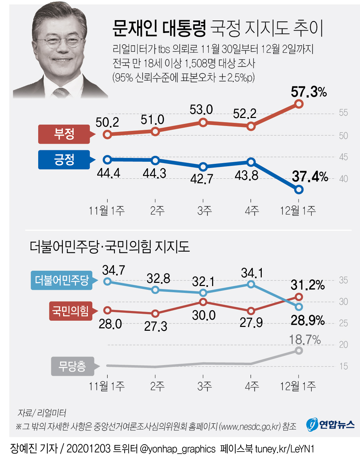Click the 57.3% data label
(308, 92)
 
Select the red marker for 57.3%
(299, 104)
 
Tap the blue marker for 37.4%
(299, 189)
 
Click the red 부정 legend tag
(64, 134)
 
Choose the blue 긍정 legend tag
(64, 160)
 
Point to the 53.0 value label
(201, 110)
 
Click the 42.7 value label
(201, 179)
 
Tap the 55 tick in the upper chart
(343, 113)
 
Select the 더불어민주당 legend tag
(62, 280)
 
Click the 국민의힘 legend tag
(70, 311)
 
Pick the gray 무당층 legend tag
(72, 366)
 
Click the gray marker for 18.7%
(299, 351)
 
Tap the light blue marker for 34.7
(108, 281)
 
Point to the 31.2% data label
(307, 285)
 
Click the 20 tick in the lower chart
(343, 345)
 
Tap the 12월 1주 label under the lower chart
(298, 386)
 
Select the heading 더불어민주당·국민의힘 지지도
(110, 247)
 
